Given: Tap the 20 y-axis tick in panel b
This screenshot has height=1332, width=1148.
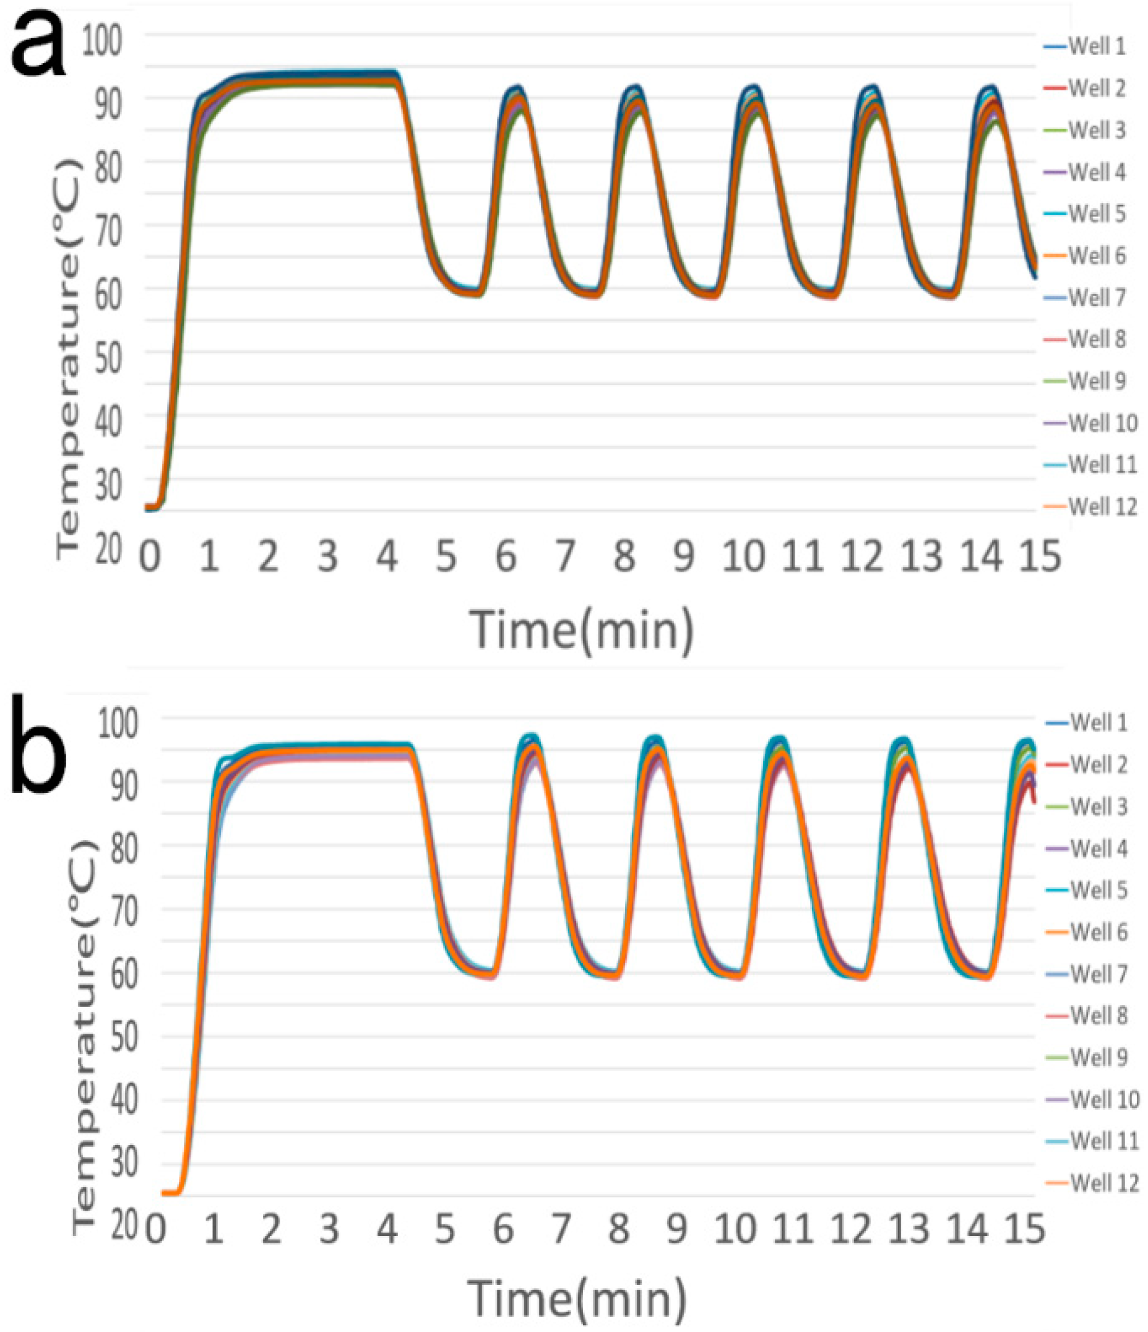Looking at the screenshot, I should (124, 1226).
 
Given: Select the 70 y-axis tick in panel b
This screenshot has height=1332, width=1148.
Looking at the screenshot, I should (124, 910).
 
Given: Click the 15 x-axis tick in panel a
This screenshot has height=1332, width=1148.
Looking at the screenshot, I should (1039, 556).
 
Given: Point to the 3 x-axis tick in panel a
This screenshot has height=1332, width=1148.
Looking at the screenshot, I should (328, 556).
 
